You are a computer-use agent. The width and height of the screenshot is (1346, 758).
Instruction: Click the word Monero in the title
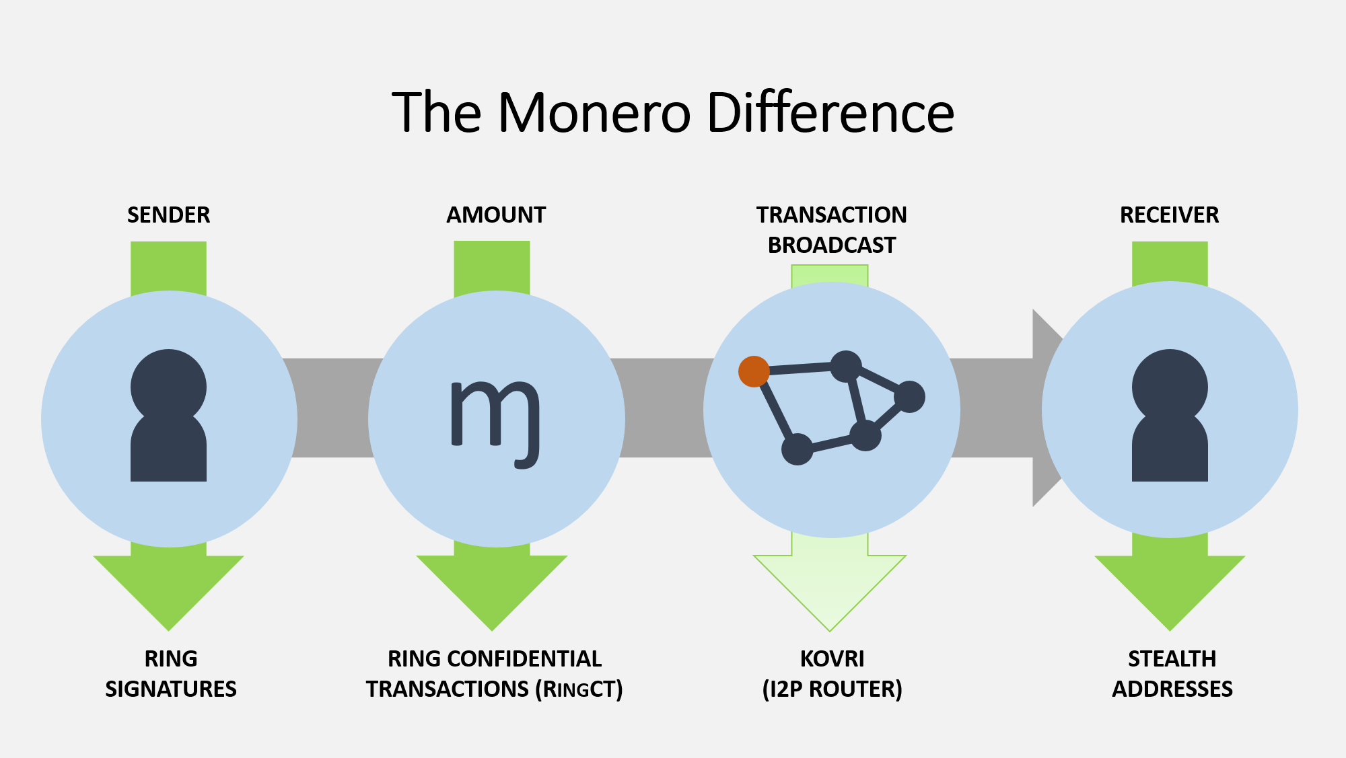594,112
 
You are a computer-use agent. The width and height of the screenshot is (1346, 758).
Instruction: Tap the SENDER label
169,215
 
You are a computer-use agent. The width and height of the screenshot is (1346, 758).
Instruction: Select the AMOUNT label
496,215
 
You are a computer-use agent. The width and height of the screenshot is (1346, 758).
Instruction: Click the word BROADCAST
832,245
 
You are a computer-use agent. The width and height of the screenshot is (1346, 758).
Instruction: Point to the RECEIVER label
1170,215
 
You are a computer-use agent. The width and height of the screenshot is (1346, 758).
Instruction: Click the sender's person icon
168,415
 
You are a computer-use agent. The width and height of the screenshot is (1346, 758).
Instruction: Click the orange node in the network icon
754,372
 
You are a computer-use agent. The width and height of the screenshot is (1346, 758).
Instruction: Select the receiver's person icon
1170,415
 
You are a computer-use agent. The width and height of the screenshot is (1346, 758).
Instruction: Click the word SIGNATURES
171,689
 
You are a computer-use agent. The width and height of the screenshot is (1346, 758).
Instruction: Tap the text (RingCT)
579,689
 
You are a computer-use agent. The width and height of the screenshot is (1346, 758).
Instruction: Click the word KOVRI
833,659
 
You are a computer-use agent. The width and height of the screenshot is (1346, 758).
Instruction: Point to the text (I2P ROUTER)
833,689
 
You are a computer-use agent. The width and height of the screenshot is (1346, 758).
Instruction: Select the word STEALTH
1172,659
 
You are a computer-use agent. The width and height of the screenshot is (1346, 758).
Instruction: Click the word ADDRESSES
1172,689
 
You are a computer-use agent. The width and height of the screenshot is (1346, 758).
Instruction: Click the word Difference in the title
830,112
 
